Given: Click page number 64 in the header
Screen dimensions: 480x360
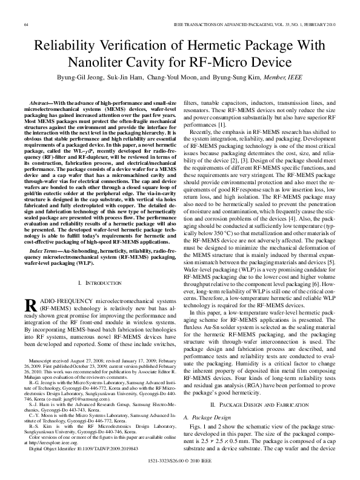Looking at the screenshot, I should point(25,24).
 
